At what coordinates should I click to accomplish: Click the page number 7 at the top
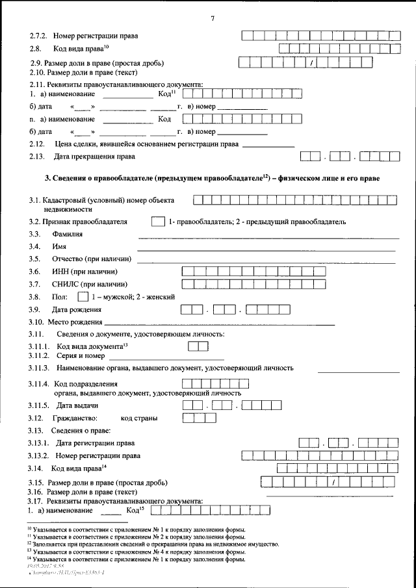pos(212,18)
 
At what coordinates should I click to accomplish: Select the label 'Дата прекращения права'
pos(94,157)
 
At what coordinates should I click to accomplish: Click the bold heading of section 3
pos(212,178)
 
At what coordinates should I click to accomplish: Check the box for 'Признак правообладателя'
pos(157,222)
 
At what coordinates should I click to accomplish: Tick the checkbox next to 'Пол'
pos(82,296)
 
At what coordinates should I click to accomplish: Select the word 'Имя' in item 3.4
pos(59,246)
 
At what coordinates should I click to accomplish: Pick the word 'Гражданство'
pos(75,418)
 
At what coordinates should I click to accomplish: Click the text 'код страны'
pos(139,418)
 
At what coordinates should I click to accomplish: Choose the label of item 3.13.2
pos(97,455)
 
